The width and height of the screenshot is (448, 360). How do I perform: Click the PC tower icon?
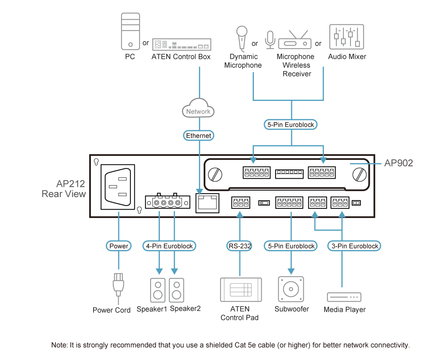pyautogui.click(x=130, y=31)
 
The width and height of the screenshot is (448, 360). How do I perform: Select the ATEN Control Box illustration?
pyautogui.click(x=182, y=44)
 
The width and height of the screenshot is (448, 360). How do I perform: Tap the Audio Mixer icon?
pyautogui.click(x=346, y=37)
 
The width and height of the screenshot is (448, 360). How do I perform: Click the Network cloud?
pyautogui.click(x=198, y=108)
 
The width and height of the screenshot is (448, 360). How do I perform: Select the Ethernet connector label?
pyautogui.click(x=198, y=135)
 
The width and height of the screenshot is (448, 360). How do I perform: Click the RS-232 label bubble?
pyautogui.click(x=240, y=246)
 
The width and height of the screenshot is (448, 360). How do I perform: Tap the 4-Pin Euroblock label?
pyautogui.click(x=169, y=246)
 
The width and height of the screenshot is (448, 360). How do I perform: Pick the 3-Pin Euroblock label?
pyautogui.click(x=354, y=246)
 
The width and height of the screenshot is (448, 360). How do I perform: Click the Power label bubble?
pyautogui.click(x=119, y=246)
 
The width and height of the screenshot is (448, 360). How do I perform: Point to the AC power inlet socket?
pyautogui.click(x=118, y=187)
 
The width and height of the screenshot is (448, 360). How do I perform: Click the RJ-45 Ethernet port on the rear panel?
pyautogui.click(x=207, y=203)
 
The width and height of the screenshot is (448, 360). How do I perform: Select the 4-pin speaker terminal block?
pyautogui.click(x=167, y=202)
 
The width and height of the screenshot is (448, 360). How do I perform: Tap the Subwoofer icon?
pyautogui.click(x=291, y=289)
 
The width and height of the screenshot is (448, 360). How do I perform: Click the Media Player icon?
pyautogui.click(x=344, y=297)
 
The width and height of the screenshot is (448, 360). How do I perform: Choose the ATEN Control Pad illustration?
pyautogui.click(x=241, y=289)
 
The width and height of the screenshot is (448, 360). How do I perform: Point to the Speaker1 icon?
pyautogui.click(x=158, y=290)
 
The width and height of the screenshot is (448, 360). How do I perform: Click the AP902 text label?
pyautogui.click(x=398, y=163)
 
